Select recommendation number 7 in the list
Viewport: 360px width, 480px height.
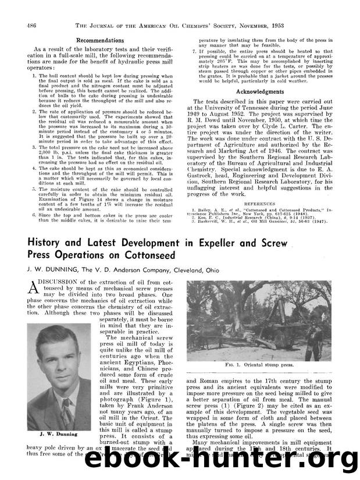click(x=194, y=52)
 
